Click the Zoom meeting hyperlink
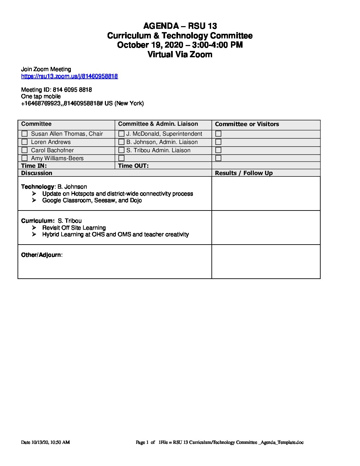pos(69,76)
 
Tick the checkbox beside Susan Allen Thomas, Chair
pos(24,134)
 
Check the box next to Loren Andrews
pos(24,142)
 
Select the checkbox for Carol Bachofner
pos(24,150)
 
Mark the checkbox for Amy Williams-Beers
pos(24,158)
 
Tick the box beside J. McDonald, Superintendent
pos(121,134)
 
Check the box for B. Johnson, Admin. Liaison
pos(121,142)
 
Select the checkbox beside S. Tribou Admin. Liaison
pos(121,150)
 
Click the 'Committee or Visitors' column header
pos(247,124)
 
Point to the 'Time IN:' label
pos(34,166)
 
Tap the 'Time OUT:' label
pos(133,166)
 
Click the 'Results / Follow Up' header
pos(244,173)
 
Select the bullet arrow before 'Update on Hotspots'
pos(34,194)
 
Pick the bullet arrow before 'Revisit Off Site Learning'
pos(34,228)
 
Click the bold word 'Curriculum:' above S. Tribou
pos(37,221)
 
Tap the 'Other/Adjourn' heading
pos(41,255)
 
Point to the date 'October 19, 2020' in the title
pos(150,45)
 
